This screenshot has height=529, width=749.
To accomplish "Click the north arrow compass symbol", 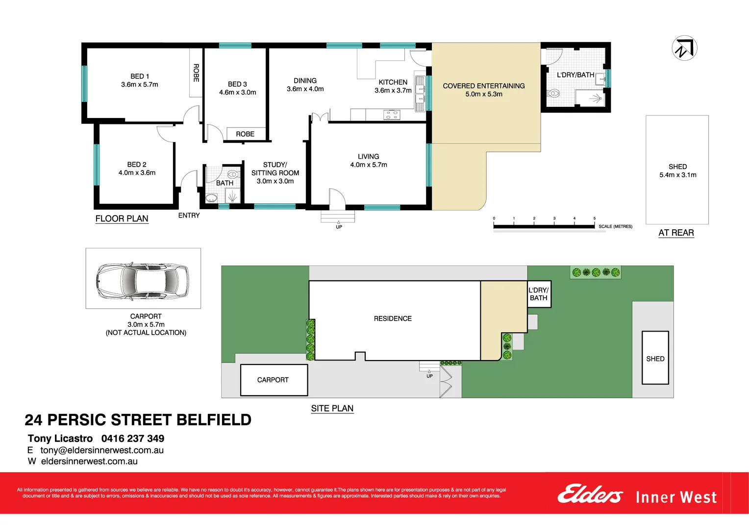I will pyautogui.click(x=684, y=48).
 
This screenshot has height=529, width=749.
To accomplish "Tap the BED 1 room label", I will pyautogui.click(x=140, y=76).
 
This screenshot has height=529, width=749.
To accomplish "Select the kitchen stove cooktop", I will pyautogui.click(x=392, y=115).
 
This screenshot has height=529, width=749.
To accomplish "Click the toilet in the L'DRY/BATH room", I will pyautogui.click(x=553, y=93).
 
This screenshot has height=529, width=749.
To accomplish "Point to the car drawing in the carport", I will pyautogui.click(x=143, y=281).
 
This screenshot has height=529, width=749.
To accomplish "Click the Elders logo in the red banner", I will pyautogui.click(x=590, y=494).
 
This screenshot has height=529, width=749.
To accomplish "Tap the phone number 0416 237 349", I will pyautogui.click(x=133, y=438).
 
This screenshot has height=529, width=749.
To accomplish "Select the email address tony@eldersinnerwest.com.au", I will pyautogui.click(x=102, y=450).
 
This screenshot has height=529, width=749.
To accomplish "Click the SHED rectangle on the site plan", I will pyautogui.click(x=655, y=358).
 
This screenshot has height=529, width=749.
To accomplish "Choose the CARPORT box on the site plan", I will pyautogui.click(x=274, y=380).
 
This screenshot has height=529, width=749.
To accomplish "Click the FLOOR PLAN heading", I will pyautogui.click(x=122, y=218).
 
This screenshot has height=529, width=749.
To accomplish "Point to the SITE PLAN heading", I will pyautogui.click(x=332, y=409).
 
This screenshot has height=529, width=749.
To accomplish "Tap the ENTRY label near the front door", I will pyautogui.click(x=189, y=216).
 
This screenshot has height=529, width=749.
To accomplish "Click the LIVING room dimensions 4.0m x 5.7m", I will pyautogui.click(x=369, y=165).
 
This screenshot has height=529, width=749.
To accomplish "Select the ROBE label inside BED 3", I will pyautogui.click(x=245, y=134).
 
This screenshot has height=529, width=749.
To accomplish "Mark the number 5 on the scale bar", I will pyautogui.click(x=595, y=218).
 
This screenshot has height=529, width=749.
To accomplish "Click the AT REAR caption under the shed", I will pyautogui.click(x=676, y=233).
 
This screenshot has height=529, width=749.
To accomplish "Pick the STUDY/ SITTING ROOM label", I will pyautogui.click(x=275, y=169).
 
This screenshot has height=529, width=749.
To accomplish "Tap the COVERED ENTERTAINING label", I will pyautogui.click(x=484, y=86).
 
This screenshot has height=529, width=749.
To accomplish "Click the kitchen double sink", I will pyautogui.click(x=420, y=94).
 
